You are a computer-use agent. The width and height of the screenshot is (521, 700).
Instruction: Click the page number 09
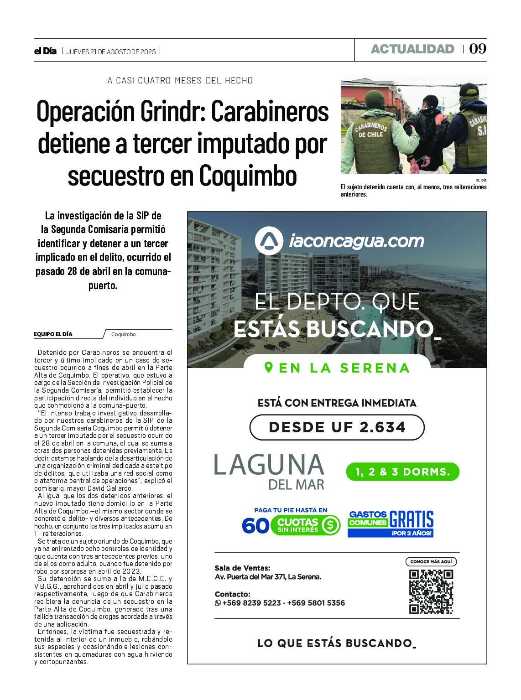pos(478,49)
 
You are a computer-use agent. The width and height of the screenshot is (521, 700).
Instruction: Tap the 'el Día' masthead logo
pos(45,52)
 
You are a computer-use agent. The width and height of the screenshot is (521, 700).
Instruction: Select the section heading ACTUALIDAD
pos(412,49)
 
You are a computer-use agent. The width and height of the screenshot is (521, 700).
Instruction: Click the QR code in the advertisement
pos(431,591)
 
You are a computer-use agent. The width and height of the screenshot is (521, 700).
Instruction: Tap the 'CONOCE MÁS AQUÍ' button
pos(431,562)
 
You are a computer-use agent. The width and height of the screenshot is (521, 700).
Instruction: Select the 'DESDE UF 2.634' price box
pos(337,427)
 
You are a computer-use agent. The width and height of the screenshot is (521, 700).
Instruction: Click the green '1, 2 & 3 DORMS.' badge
pos(402,472)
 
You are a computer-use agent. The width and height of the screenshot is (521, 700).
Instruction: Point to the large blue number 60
pos(255,526)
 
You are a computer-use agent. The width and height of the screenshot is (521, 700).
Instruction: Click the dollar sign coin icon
pos(330,525)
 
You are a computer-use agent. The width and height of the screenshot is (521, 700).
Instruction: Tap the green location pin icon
pos(269,367)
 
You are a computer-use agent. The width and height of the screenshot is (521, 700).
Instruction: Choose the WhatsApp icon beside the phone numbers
pos(218,603)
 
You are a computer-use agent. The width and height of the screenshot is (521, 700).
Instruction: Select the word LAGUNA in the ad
pos(269,465)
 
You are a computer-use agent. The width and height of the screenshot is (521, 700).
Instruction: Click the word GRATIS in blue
pos(412,519)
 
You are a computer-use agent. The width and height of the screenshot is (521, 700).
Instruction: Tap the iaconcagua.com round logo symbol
pos(269,241)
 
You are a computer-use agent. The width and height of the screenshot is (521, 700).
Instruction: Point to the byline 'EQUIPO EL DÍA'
pos(53,334)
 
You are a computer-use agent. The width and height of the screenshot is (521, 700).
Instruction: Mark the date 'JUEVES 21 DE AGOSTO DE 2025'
pos(111,52)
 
